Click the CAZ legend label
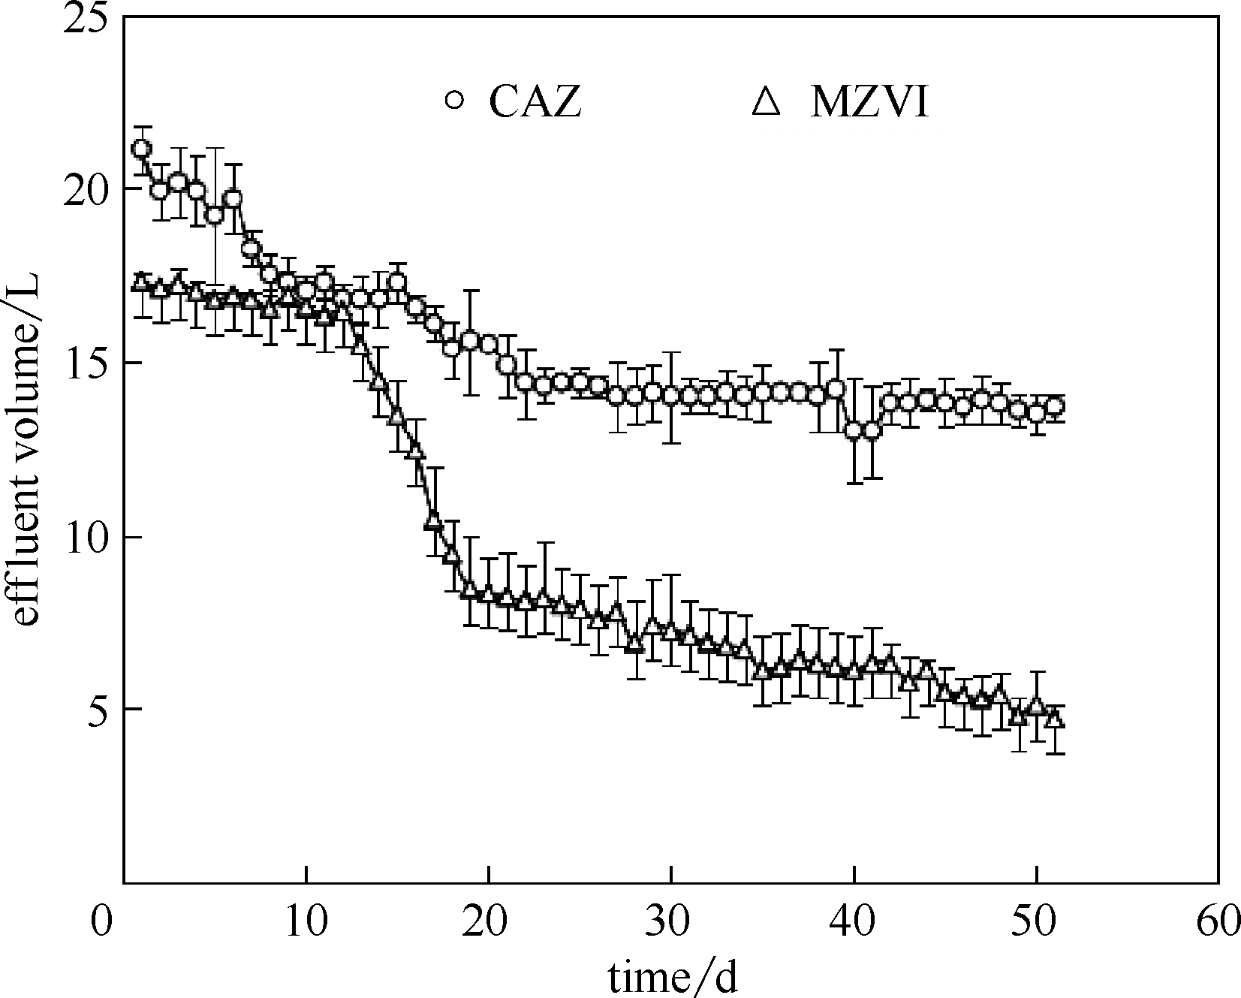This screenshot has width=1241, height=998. pyautogui.click(x=535, y=102)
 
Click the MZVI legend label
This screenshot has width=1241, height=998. pyautogui.click(x=869, y=102)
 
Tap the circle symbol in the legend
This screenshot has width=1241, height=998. pyautogui.click(x=455, y=101)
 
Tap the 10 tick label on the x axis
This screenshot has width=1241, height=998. pyautogui.click(x=306, y=921)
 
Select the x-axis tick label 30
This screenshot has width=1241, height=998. pyautogui.click(x=671, y=921)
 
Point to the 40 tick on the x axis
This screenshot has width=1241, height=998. pyautogui.click(x=854, y=921)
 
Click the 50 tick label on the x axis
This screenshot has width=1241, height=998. pyautogui.click(x=1037, y=921)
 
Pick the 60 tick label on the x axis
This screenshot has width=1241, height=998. pyautogui.click(x=1218, y=921)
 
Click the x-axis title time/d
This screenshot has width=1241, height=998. pyautogui.click(x=672, y=977)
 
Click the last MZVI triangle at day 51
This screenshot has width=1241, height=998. pyautogui.click(x=1055, y=719)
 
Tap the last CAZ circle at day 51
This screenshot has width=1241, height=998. pyautogui.click(x=1055, y=406)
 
